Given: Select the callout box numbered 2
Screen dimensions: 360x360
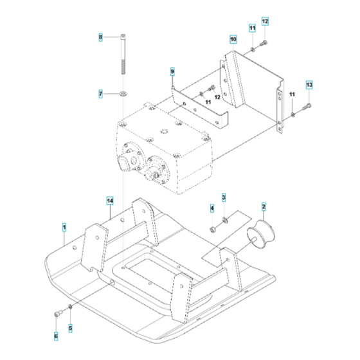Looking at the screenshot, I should (264, 206).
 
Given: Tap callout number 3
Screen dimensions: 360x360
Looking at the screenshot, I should (224, 197).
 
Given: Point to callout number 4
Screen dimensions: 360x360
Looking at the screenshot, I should (212, 208).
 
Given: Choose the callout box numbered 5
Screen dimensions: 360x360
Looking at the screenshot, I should (71, 328).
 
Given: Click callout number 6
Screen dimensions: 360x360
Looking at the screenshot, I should (55, 336).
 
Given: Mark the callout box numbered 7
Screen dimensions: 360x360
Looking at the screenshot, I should (100, 94).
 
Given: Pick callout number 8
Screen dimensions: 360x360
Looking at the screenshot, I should (100, 38).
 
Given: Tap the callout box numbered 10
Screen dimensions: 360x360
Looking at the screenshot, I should (233, 40).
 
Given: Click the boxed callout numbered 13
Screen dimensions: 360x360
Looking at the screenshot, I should (309, 85).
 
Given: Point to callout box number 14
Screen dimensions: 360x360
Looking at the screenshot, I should (110, 201).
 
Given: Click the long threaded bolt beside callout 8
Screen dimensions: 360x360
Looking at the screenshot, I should (122, 61).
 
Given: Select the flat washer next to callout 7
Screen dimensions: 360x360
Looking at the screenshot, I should (122, 94).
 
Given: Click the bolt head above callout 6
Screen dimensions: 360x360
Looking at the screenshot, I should (57, 313).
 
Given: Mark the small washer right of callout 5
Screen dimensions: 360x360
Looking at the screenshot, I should (71, 307).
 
